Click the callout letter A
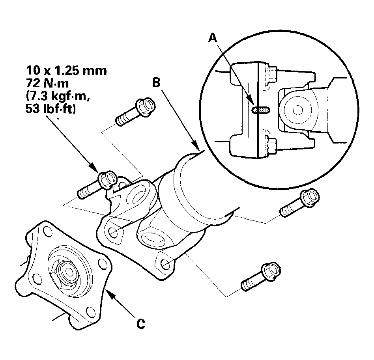point(213,38)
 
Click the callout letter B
point(156,83)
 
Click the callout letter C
point(140,324)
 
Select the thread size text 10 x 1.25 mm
point(67,71)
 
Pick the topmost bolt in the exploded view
point(133,112)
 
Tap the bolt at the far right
point(298,203)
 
